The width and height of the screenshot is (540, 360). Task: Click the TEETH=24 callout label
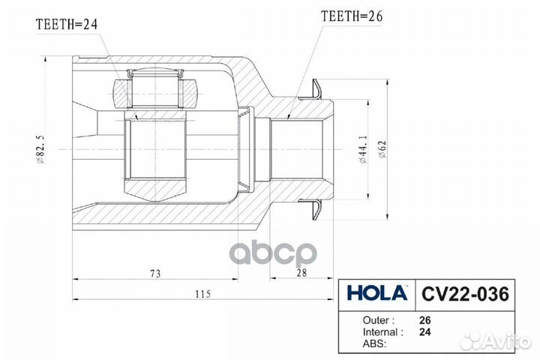pos(67,25)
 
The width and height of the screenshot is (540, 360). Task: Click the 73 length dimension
pos(154,273)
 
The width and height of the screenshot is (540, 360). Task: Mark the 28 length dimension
pos(301,273)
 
